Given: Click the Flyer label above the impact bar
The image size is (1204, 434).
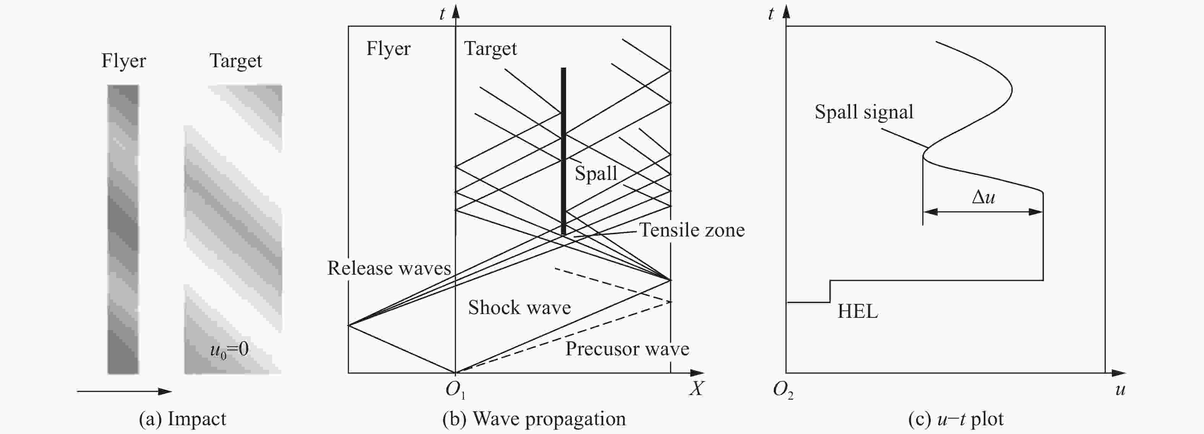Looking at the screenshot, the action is (124, 61).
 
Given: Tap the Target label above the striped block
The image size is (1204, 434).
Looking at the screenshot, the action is (235, 61).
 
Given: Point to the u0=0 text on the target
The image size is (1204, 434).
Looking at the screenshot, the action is (229, 350).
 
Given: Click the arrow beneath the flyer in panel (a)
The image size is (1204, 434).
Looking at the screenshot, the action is (124, 392).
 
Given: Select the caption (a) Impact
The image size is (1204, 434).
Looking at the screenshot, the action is (182, 419).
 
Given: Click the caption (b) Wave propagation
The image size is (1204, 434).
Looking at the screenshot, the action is (534, 419).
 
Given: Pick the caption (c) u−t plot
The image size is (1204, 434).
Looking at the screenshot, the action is (956, 419).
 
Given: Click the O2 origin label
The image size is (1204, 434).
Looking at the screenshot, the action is (783, 390).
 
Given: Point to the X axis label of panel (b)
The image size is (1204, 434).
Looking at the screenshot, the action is (696, 389).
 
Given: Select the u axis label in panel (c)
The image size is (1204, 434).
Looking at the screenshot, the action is (1120, 390).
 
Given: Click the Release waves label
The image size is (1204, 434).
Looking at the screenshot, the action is (389, 268).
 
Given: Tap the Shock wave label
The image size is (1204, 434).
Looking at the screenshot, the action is (519, 308).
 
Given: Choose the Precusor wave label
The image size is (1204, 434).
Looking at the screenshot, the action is (627, 349).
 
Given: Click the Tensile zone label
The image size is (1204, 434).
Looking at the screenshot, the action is (692, 230).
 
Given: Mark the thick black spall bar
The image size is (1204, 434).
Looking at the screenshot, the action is (563, 151).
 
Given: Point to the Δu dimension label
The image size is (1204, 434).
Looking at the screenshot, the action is (983, 197).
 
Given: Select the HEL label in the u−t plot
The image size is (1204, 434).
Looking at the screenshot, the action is (858, 311).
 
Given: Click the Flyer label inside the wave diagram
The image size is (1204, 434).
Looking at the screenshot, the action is (388, 49).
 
